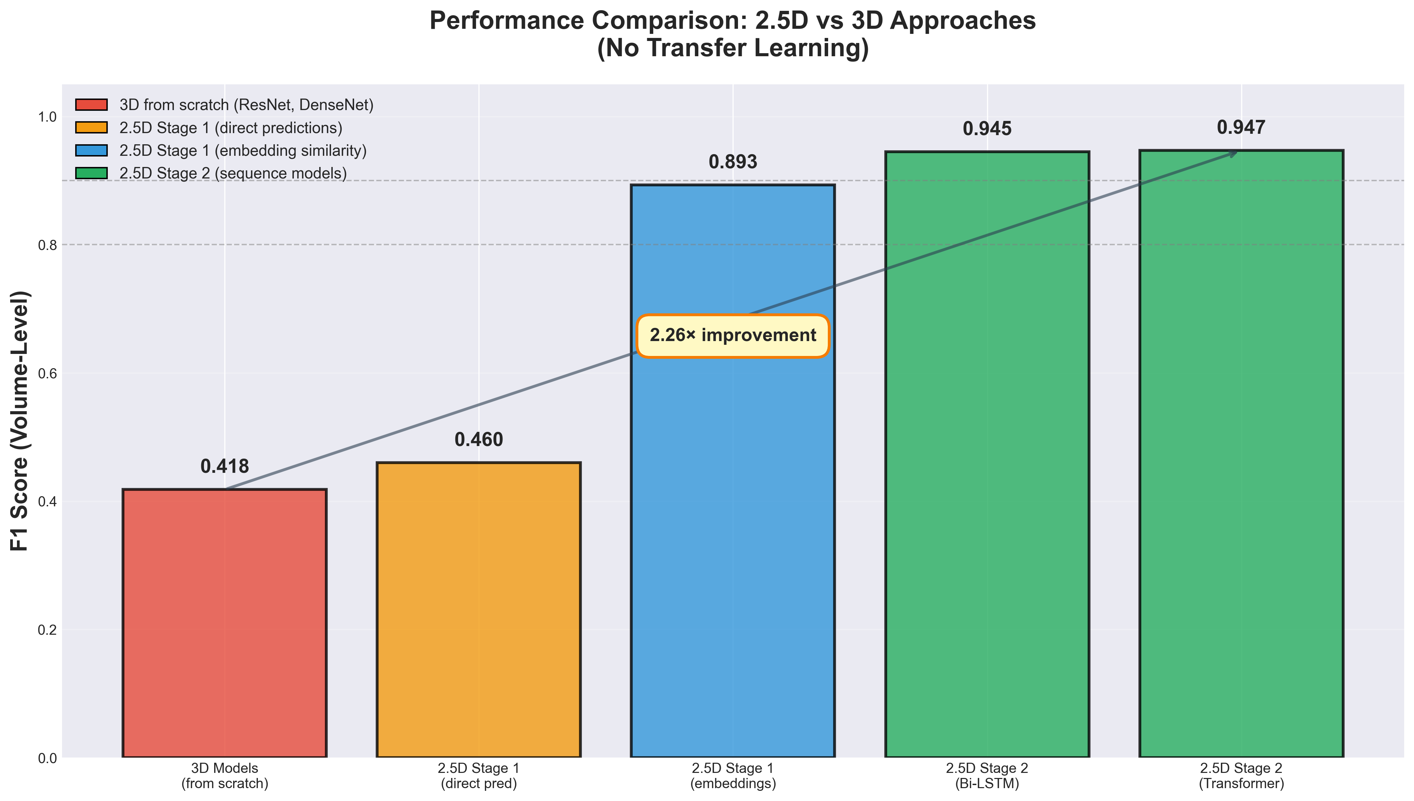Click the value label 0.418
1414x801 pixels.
(225, 466)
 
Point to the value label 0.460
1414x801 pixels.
(478, 440)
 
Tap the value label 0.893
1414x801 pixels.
(733, 162)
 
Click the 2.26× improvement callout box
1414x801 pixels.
(733, 336)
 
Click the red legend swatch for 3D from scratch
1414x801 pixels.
(91, 105)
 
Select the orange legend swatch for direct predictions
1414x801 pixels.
(91, 128)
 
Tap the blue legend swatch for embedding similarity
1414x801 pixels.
(91, 150)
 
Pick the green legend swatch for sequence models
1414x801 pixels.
(91, 173)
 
